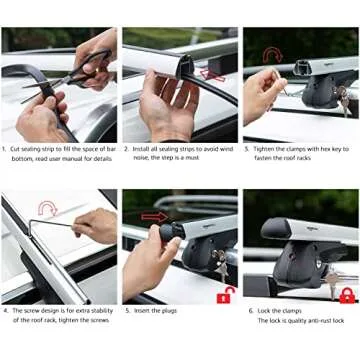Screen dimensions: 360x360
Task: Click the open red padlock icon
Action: [225, 294]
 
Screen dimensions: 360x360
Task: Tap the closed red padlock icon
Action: [346, 294]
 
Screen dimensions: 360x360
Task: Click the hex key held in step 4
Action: [60, 226]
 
